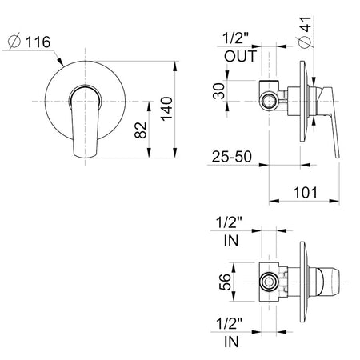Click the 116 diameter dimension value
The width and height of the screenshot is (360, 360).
pos(38,42)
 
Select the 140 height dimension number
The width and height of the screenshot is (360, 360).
pos(167,109)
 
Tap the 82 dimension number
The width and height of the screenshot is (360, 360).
pos(141,130)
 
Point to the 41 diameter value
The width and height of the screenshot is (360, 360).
pos(306,24)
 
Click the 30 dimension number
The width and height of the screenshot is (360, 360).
pos(219,91)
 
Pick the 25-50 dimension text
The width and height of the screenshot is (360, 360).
pos(232,157)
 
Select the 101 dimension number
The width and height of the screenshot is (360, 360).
pos(306,193)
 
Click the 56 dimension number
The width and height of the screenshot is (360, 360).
pos(225,282)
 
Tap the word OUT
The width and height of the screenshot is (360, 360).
pos(241,56)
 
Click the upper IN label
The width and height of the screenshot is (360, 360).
pos(231,241)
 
